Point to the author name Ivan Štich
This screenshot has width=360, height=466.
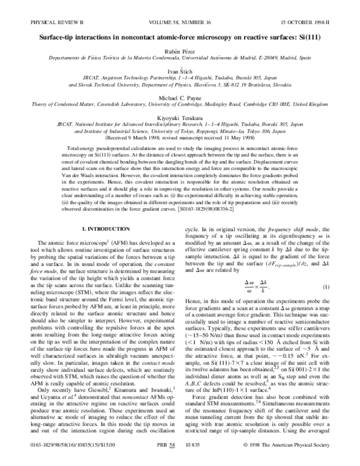(x=179, y=71)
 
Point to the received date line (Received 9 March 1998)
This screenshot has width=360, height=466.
(x=179, y=136)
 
